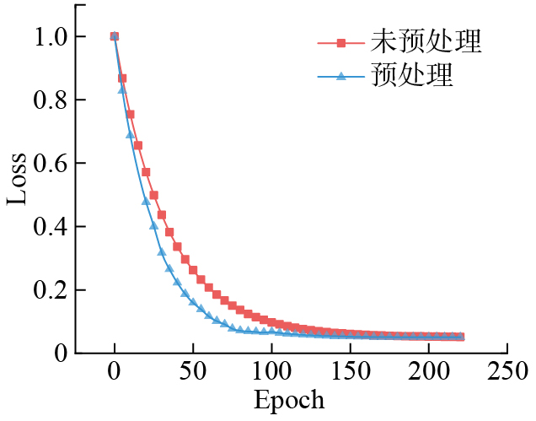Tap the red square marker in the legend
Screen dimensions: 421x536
[x=341, y=41]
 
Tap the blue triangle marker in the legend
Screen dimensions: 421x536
[x=341, y=77]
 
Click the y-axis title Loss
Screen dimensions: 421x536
[x=19, y=179]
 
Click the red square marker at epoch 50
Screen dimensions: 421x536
[x=193, y=271]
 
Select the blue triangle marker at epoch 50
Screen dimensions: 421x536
[x=193, y=302]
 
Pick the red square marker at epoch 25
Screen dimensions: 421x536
[x=153, y=196]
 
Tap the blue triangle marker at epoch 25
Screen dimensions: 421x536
[x=153, y=225]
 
